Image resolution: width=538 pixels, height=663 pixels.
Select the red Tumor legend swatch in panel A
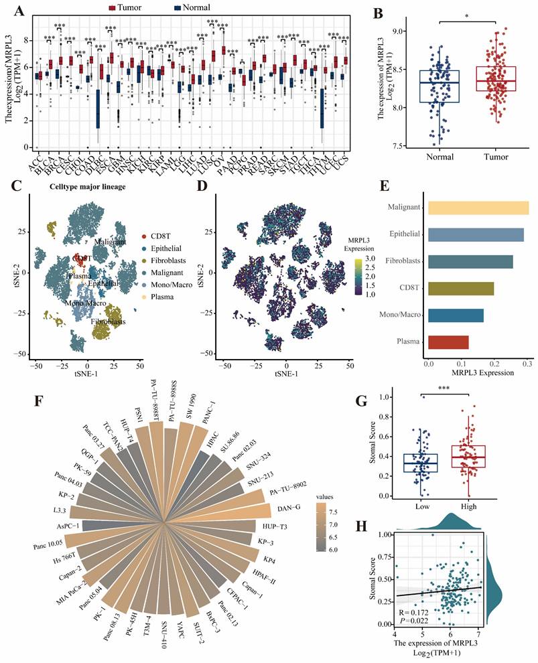[x=113, y=7]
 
